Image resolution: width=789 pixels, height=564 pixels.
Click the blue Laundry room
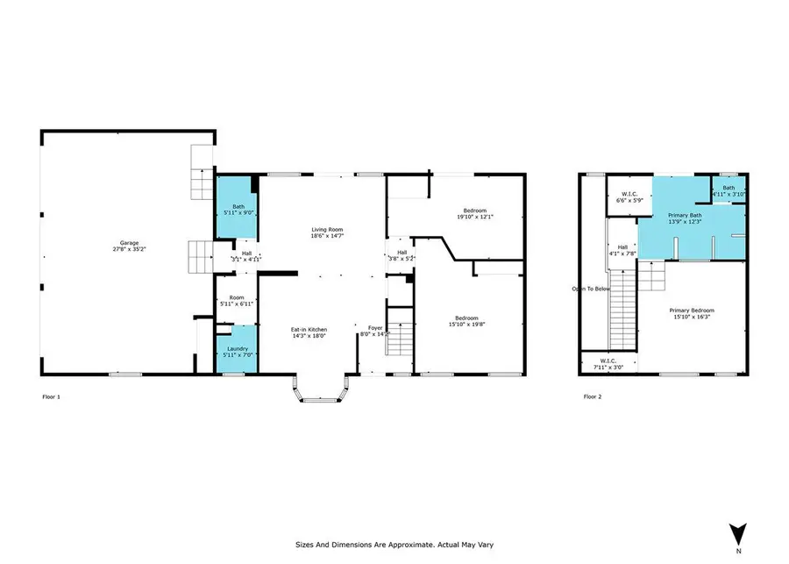236,350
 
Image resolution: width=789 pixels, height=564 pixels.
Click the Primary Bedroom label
692,314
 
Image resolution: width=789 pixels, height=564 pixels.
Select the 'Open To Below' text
590,289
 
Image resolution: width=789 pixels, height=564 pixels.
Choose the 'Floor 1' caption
53,396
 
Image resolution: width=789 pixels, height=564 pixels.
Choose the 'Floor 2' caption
594,396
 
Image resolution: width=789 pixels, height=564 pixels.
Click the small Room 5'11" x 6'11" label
236,300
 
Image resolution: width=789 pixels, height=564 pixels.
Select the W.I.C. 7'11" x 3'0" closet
608,362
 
